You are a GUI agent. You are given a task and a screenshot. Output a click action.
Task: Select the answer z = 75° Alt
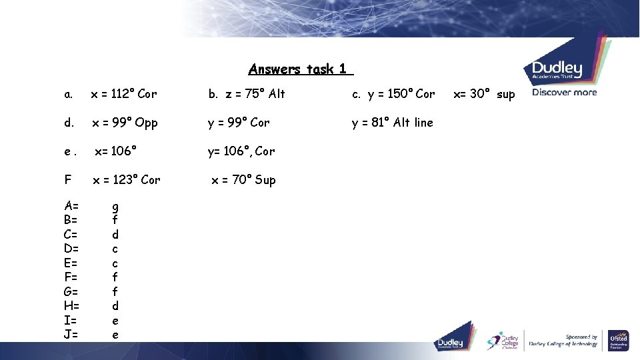(x=247, y=94)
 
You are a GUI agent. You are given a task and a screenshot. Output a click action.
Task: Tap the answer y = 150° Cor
(x=393, y=94)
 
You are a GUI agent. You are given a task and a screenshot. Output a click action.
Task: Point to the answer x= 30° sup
(x=484, y=94)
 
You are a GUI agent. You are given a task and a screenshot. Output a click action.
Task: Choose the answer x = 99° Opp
(x=125, y=123)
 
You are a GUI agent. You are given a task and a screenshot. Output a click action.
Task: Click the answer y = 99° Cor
(x=239, y=123)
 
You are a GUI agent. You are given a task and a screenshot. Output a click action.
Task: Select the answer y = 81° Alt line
(x=393, y=123)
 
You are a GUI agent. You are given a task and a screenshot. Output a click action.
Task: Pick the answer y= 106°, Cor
(x=241, y=151)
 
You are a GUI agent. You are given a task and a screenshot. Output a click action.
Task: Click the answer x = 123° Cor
(x=126, y=180)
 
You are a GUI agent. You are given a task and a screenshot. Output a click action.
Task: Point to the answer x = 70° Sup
(x=243, y=180)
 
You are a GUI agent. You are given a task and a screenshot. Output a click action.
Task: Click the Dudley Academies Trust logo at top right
(x=557, y=70)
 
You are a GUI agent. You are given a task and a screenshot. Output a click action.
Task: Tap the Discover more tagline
(x=564, y=93)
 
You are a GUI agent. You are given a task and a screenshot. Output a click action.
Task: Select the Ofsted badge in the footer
(x=618, y=341)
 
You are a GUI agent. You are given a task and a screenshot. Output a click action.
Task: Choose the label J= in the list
(x=71, y=335)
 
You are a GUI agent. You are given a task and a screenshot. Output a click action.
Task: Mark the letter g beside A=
(x=115, y=207)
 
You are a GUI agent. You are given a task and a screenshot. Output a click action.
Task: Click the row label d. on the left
(x=69, y=123)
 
